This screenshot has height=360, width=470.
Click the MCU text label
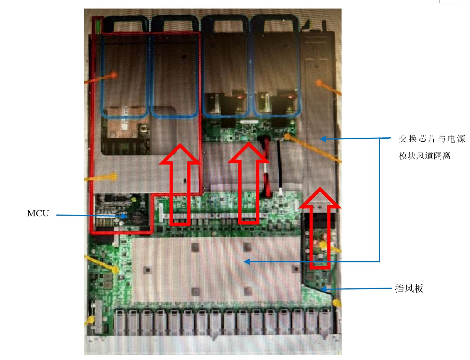[38, 213]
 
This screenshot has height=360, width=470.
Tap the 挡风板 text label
[409, 288]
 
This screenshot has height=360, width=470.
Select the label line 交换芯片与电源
[432, 139]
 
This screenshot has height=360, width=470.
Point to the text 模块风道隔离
[425, 156]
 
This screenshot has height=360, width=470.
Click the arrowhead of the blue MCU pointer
[125, 216]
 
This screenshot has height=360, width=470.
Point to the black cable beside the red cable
[280, 167]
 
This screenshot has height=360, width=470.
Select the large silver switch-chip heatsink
[215, 269]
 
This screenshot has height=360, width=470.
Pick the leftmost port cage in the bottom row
[120, 321]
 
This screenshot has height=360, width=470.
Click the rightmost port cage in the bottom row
[325, 321]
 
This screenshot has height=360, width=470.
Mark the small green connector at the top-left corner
[98, 26]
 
